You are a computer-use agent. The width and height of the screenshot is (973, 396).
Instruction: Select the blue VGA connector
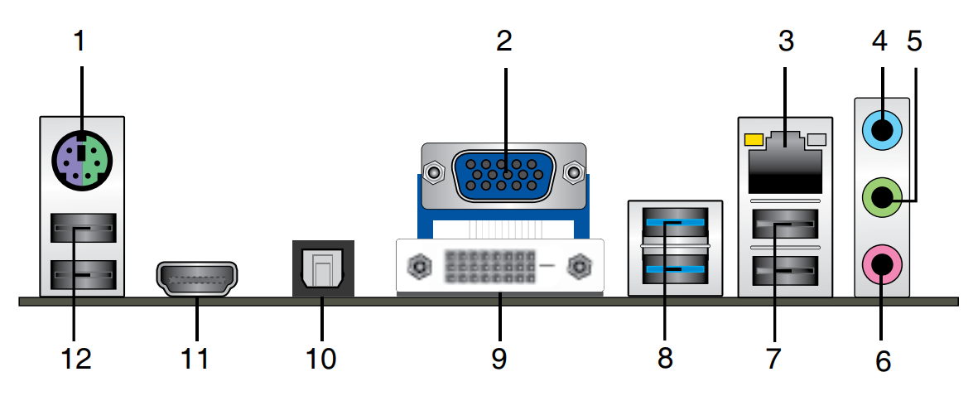(503, 176)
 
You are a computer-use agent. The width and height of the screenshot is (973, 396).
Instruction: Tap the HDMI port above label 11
(196, 279)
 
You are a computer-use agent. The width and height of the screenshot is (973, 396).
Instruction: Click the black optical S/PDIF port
(323, 268)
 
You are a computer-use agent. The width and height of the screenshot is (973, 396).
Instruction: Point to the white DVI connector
(500, 266)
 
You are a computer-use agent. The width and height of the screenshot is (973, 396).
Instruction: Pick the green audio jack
(882, 198)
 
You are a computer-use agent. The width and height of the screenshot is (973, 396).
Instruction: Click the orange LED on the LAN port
(754, 139)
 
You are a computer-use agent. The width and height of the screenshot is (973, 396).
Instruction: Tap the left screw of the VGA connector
(431, 174)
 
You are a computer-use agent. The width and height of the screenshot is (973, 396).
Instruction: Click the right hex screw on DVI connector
(577, 267)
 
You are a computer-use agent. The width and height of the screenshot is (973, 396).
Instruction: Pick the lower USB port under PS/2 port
(81, 273)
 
